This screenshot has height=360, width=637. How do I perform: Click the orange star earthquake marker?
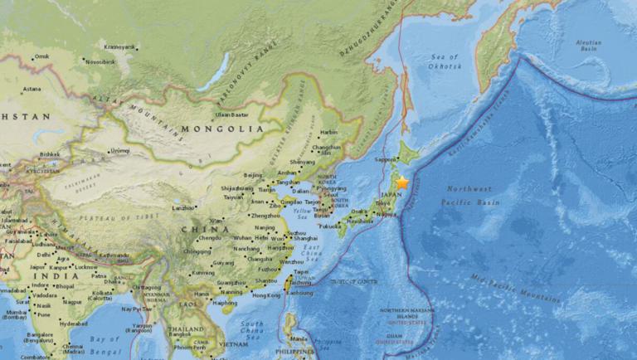coord(402,182)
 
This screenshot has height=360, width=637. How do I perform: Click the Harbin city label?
coord(329,132)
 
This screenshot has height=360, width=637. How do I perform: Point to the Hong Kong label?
coord(266,295)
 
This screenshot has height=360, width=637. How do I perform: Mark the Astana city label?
coord(32,89)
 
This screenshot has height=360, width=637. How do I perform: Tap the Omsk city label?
coord(41,56)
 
